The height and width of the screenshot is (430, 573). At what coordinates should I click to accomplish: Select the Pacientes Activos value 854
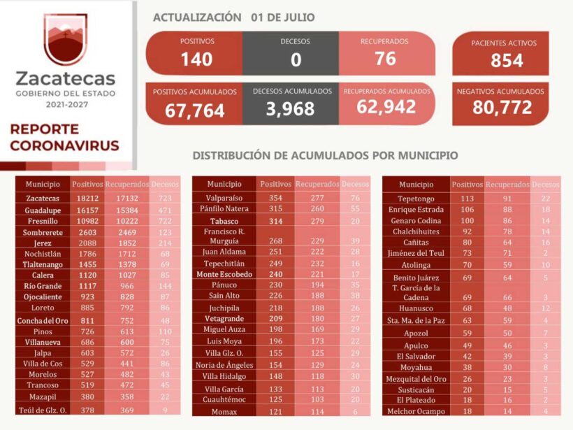pyautogui.click(x=507, y=61)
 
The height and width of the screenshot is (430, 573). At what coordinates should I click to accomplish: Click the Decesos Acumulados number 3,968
pyautogui.click(x=290, y=109)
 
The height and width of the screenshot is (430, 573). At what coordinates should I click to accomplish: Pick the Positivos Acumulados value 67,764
pyautogui.click(x=195, y=110)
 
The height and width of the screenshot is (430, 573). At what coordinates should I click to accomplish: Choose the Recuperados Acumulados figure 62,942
pyautogui.click(x=386, y=107)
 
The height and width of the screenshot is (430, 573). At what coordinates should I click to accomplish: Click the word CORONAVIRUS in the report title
pyautogui.click(x=64, y=146)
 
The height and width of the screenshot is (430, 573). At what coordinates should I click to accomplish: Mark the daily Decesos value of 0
pyautogui.click(x=296, y=60)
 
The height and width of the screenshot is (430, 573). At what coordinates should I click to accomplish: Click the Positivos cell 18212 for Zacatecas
pyautogui.click(x=87, y=199)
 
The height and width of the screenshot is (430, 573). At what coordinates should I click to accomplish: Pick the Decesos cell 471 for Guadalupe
pyautogui.click(x=165, y=210)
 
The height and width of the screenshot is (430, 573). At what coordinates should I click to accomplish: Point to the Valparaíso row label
pyautogui.click(x=224, y=198)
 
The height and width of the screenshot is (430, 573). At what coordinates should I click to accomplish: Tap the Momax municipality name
pyautogui.click(x=224, y=412)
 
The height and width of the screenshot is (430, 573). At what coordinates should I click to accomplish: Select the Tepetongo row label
pyautogui.click(x=416, y=198)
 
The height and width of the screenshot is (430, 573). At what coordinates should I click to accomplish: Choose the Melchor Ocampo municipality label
pyautogui.click(x=416, y=412)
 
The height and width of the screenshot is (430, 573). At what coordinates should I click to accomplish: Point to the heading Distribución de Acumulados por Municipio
pyautogui.click(x=325, y=155)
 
